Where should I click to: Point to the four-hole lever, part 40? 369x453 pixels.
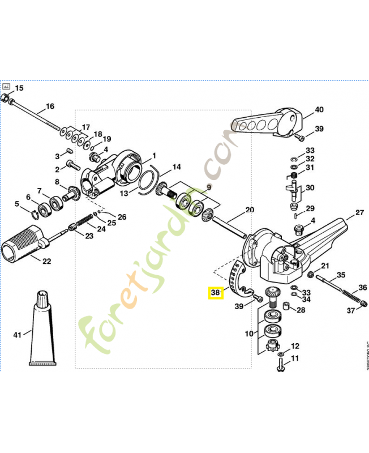(x=266, y=122)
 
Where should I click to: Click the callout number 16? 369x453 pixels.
(x=50, y=106)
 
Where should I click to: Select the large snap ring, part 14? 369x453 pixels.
(x=150, y=178)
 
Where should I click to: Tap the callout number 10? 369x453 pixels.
(x=248, y=334)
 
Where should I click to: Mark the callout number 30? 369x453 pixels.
(x=310, y=188)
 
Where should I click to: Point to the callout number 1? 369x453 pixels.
(x=155, y=155)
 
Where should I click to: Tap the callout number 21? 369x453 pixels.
(x=325, y=266)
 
